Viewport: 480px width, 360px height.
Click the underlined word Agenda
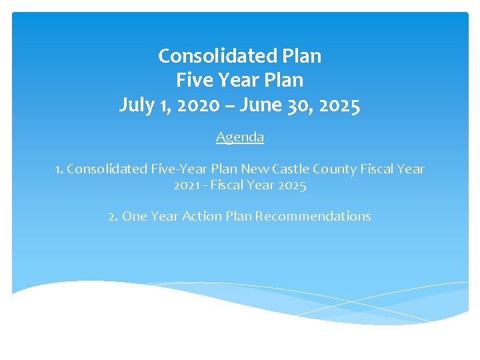pyautogui.click(x=240, y=137)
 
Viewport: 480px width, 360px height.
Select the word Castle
pyautogui.click(x=294, y=169)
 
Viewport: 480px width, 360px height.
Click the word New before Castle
pyautogui.click(x=257, y=169)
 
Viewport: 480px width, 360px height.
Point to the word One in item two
pyautogui.click(x=135, y=217)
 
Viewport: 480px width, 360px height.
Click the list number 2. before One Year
pyautogui.click(x=113, y=217)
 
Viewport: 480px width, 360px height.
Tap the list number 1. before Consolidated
pyautogui.click(x=59, y=169)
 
